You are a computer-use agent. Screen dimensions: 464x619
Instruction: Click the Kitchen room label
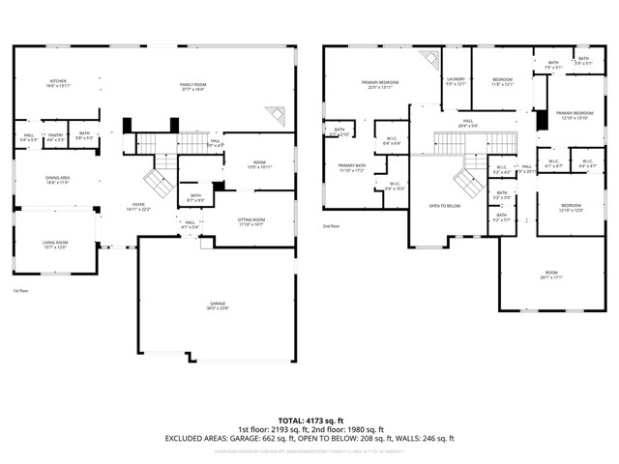[58, 83]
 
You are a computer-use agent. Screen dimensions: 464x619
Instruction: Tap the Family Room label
[193, 87]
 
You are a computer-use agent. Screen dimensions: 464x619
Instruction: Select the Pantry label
[55, 137]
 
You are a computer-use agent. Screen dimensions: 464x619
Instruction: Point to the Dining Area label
[58, 179]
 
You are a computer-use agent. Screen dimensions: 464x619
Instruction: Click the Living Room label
[54, 244]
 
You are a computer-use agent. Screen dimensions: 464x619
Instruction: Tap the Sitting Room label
[251, 220]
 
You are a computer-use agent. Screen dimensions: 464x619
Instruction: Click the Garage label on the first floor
[217, 305]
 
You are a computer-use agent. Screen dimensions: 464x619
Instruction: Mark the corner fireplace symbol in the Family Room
[275, 115]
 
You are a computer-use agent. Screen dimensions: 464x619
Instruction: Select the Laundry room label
[456, 81]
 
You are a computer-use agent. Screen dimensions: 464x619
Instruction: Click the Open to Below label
[445, 206]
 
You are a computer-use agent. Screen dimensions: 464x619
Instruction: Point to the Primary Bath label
[351, 167]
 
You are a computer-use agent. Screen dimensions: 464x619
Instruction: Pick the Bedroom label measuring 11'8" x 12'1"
[502, 81]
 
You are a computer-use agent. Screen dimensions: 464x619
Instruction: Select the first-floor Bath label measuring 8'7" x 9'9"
[195, 197]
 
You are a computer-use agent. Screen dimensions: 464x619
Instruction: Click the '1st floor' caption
[21, 291]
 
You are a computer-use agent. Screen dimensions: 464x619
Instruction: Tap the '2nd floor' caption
[332, 226]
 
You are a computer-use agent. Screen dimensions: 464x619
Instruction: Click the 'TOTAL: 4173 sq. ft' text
[309, 420]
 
